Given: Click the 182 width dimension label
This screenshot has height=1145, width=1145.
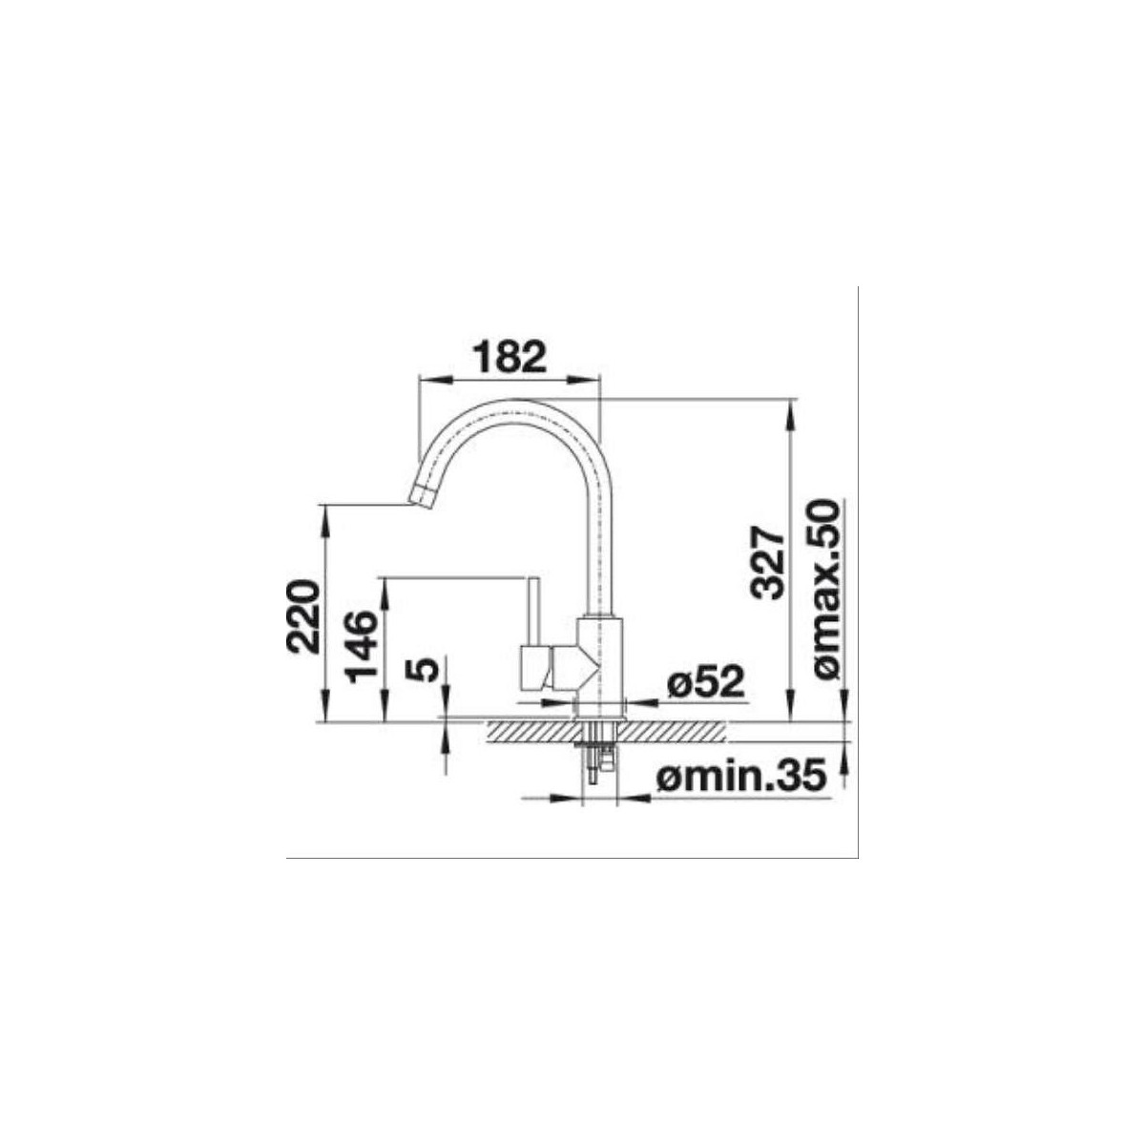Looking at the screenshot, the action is pyautogui.click(x=510, y=356).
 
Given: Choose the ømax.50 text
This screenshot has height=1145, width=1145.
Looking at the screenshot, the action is pyautogui.click(x=827, y=594).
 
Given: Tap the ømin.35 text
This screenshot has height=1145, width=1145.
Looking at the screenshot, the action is pyautogui.click(x=742, y=778).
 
